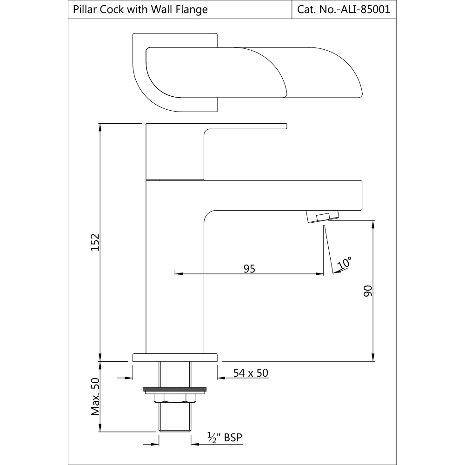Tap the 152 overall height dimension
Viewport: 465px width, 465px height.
click(x=94, y=242)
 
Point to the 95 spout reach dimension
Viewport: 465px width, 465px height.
click(x=249, y=268)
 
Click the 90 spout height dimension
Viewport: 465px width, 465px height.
click(x=368, y=292)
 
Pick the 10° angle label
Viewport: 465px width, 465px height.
click(x=345, y=263)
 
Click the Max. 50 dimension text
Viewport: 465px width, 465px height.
click(x=95, y=396)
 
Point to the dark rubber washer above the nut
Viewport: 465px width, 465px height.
click(x=175, y=389)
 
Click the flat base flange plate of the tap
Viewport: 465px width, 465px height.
click(x=175, y=357)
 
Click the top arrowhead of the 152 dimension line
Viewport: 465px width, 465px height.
click(x=100, y=126)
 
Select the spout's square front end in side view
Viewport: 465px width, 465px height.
click(x=358, y=195)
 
